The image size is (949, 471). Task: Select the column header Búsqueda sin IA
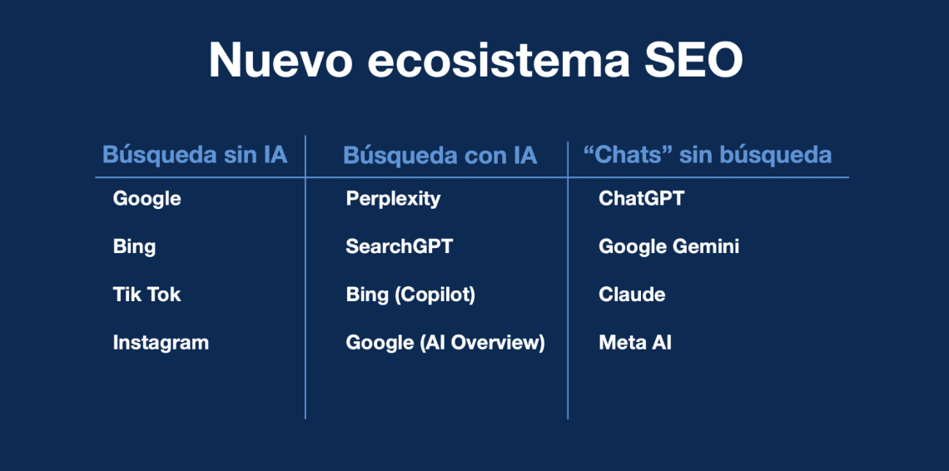click(195, 155)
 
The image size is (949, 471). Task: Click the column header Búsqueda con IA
click(440, 156)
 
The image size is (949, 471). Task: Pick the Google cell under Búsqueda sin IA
click(147, 199)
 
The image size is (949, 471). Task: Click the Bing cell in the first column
click(134, 247)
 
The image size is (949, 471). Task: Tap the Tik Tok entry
click(147, 295)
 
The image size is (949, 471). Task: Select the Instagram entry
click(161, 343)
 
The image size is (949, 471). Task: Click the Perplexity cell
click(394, 199)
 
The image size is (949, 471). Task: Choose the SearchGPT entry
click(400, 246)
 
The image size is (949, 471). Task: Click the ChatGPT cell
click(642, 199)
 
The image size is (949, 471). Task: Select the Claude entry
click(632, 295)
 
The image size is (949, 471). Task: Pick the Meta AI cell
click(635, 343)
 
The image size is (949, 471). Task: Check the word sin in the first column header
click(232, 155)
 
